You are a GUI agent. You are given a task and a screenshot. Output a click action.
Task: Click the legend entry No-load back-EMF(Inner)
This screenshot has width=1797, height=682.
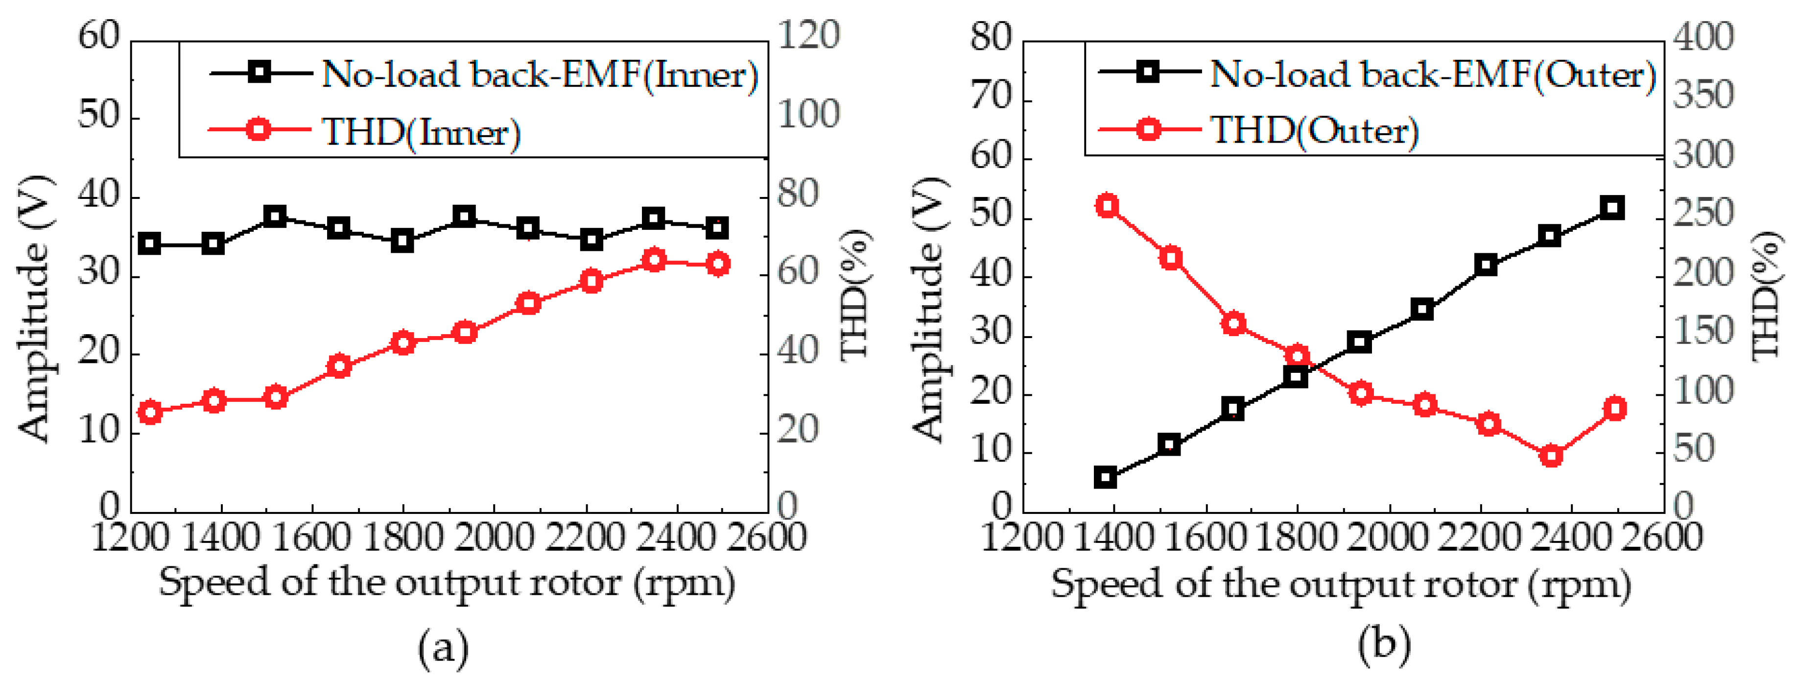coord(539,73)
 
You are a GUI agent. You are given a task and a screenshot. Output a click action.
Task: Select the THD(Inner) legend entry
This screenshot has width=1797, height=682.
coord(421,131)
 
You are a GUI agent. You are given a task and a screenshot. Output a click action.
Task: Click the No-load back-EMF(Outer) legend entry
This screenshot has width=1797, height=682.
coord(1432,73)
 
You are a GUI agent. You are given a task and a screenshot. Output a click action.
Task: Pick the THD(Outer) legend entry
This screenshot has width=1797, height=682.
coord(1314,130)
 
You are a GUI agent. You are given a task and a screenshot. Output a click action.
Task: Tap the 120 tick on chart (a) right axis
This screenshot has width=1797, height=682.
coord(808,35)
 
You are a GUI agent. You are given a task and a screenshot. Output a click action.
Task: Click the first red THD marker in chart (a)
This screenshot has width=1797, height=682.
coord(150,413)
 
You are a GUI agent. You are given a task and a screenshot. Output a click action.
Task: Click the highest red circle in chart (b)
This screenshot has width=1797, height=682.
coord(1107,206)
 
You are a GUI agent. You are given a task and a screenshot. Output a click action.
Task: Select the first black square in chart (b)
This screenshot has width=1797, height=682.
coord(1106,478)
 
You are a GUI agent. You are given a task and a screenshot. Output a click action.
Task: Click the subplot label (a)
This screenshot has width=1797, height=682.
coord(443,648)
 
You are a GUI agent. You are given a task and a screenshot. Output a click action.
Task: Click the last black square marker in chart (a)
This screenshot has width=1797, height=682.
coord(717,227)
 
